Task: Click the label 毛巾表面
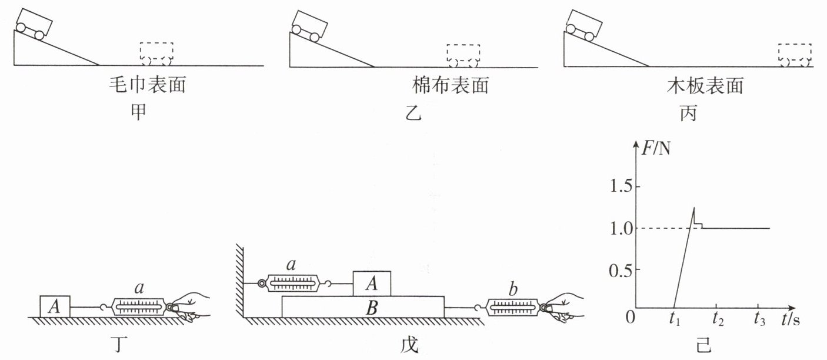click(147, 85)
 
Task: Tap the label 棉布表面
click(451, 85)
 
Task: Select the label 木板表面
click(705, 86)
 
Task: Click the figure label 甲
click(138, 112)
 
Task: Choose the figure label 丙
click(689, 113)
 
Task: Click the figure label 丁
click(119, 344)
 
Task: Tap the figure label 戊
click(409, 345)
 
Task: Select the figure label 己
click(703, 345)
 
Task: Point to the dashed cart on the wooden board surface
click(795, 55)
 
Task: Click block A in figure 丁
click(55, 306)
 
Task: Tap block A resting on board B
click(372, 284)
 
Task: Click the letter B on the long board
click(371, 308)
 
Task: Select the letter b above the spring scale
click(513, 290)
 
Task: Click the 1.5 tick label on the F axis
click(621, 186)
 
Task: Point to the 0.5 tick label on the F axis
click(621, 271)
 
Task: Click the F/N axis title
click(656, 148)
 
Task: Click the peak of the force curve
click(694, 208)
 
